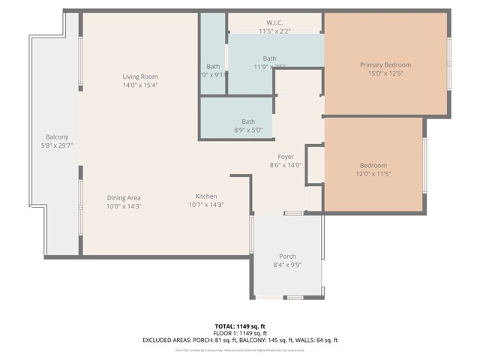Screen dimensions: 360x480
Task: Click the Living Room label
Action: coord(140,76)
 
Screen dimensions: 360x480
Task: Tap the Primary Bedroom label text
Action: coord(385,65)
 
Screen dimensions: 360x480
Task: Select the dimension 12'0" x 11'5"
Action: coord(373,174)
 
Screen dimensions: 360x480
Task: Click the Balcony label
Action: coord(57,136)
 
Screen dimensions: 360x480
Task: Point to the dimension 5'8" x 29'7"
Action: coord(57,145)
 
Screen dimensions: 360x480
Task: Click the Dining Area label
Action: coord(124,197)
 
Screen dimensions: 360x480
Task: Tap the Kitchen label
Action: coord(206,196)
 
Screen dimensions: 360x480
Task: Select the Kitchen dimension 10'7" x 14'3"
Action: coord(206,205)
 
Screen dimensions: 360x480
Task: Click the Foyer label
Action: coord(286,156)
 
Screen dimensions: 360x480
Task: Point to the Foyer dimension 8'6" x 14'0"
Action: coord(286,165)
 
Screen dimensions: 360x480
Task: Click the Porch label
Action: coord(287,256)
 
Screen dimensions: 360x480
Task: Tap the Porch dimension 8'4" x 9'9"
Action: coord(287,265)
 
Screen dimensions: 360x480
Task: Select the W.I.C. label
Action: coord(274,22)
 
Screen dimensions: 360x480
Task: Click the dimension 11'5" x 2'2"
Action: coord(274,31)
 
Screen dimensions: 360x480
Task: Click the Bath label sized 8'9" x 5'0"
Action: coord(248,121)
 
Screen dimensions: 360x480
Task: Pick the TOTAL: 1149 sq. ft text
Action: coord(240,326)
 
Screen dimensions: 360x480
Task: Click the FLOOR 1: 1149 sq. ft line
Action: coord(240,333)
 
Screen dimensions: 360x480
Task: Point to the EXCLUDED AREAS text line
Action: coord(240,340)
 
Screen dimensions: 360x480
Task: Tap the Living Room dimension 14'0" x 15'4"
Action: coord(140,85)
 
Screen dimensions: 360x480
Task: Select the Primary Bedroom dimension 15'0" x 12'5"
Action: coord(385,73)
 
